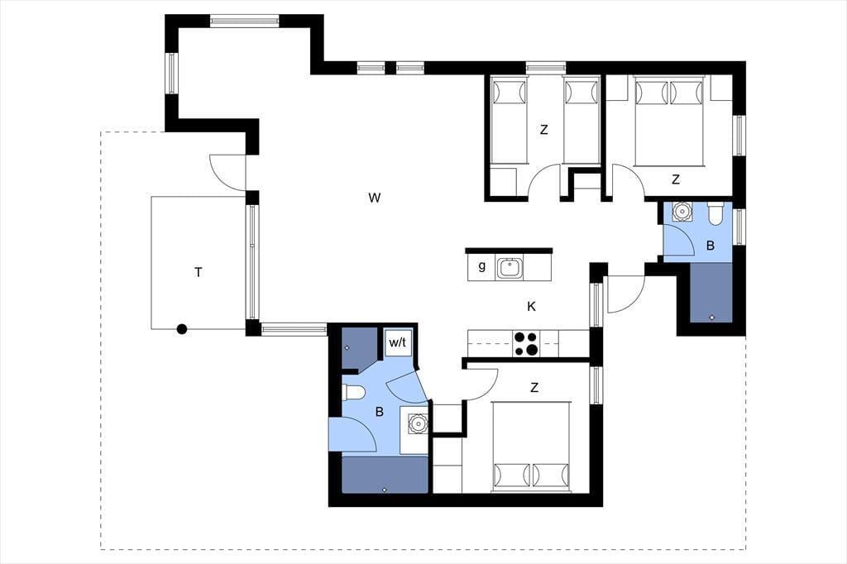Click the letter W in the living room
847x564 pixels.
[375, 198]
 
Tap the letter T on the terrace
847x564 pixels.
[199, 272]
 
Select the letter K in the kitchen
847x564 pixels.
[532, 307]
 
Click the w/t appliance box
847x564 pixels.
[398, 342]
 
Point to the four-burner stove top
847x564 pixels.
[526, 343]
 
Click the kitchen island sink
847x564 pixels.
[510, 267]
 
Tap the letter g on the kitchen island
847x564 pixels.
[482, 265]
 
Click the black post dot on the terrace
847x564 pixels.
[182, 328]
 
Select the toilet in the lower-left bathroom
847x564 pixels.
[354, 392]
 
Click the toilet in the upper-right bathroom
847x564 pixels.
[715, 213]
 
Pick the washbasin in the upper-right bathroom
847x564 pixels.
[682, 211]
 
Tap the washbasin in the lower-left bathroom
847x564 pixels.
[418, 423]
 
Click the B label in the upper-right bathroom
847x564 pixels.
[711, 246]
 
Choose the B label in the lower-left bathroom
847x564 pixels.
[379, 412]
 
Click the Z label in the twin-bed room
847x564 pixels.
[544, 130]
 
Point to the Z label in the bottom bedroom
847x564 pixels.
[534, 388]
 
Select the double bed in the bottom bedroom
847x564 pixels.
[531, 447]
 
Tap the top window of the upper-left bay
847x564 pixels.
[245, 21]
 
